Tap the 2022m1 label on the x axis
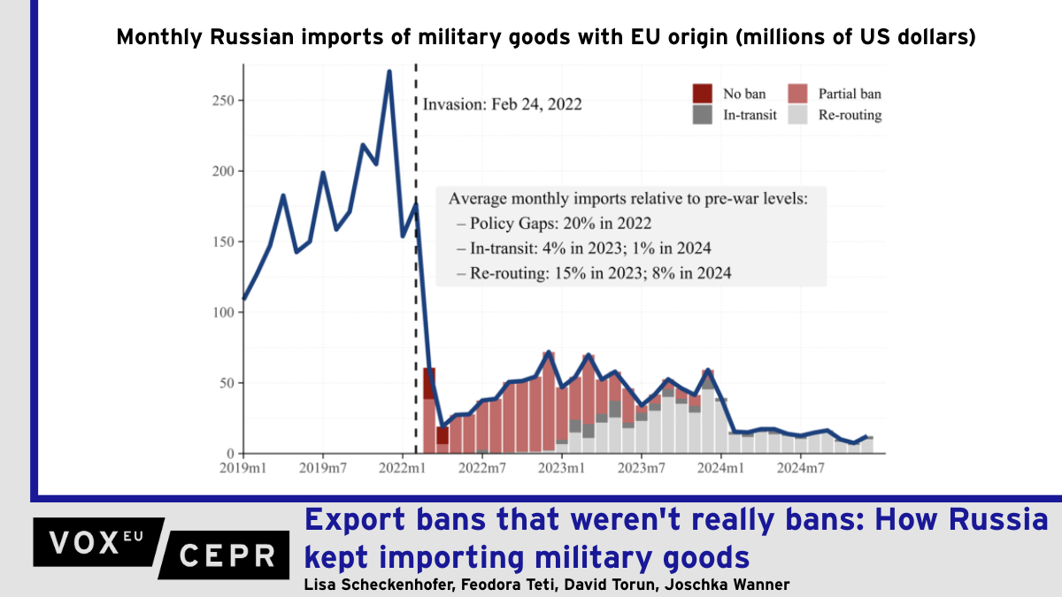point(403,466)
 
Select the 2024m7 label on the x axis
point(800,466)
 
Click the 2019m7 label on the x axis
point(323,466)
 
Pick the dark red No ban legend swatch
point(703,94)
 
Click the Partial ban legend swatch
point(796,94)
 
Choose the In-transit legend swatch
point(703,114)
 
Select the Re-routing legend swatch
point(796,114)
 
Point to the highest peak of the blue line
point(389,72)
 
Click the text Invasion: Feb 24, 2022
point(502,103)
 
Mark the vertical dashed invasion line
point(416,265)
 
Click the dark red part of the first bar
point(429,383)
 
